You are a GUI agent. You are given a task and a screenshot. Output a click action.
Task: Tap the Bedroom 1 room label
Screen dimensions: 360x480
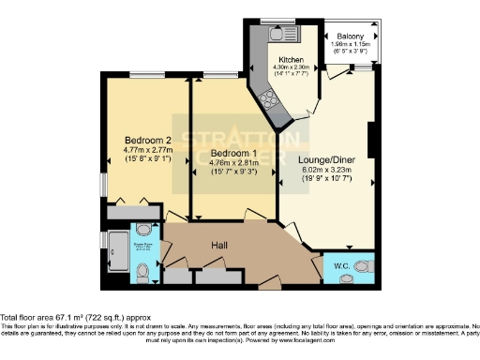(x=232, y=153)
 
